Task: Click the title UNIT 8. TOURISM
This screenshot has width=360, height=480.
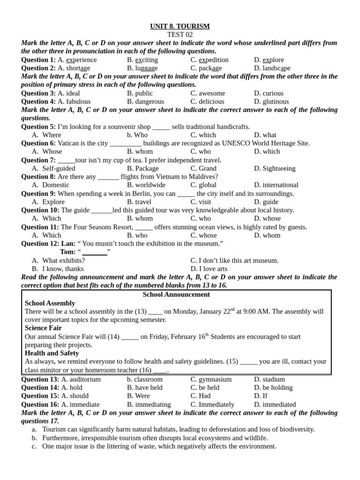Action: pos(180,26)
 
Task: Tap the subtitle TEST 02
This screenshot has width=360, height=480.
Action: pos(180,35)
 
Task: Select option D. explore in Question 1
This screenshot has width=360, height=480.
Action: pos(269,60)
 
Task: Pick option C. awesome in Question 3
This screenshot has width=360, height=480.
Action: pos(208,93)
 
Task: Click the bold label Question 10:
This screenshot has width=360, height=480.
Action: pos(40,210)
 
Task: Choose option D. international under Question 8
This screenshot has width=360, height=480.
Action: pos(276,185)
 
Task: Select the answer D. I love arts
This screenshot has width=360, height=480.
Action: pos(209,269)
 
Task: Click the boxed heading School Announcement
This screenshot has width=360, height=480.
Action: pos(176,294)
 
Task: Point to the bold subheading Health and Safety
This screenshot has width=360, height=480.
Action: pos(52,353)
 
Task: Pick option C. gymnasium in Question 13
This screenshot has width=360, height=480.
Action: pos(211,379)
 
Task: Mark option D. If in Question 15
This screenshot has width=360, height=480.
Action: pos(261,396)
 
